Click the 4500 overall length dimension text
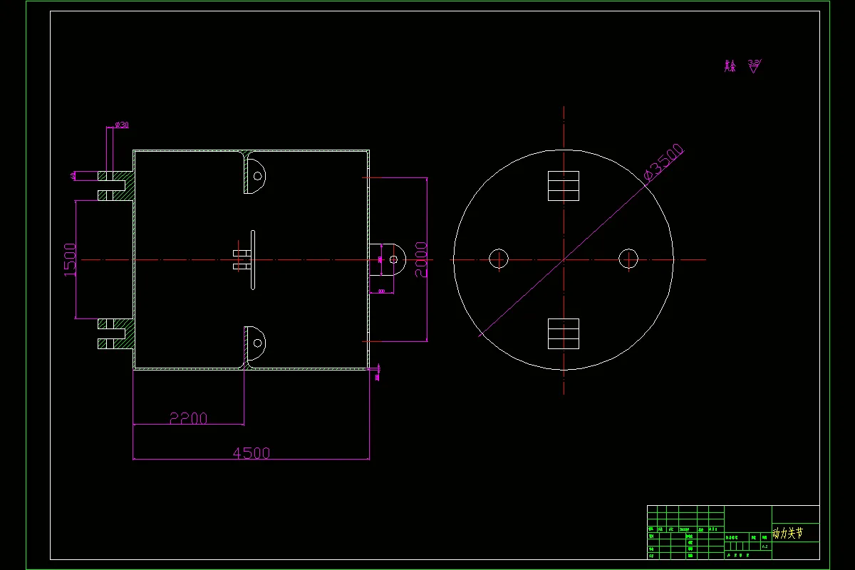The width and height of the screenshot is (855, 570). (252, 452)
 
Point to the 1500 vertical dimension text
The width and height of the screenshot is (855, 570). (70, 259)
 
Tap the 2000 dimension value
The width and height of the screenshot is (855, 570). (421, 259)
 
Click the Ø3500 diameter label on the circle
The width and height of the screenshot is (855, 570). (663, 165)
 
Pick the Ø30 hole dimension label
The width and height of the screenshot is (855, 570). (122, 125)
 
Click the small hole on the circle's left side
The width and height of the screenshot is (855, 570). (499, 259)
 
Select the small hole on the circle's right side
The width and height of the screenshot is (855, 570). (628, 259)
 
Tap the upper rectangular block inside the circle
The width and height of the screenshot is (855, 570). (563, 186)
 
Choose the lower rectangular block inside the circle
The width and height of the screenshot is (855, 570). (563, 333)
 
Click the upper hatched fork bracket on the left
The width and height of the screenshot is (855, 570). (114, 185)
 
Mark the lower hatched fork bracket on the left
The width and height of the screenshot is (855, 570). (114, 333)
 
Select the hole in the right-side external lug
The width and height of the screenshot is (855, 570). (393, 259)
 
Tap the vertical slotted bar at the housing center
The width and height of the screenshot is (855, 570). (253, 259)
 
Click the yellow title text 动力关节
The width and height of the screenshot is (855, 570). (788, 533)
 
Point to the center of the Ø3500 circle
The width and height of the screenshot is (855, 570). (564, 259)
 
